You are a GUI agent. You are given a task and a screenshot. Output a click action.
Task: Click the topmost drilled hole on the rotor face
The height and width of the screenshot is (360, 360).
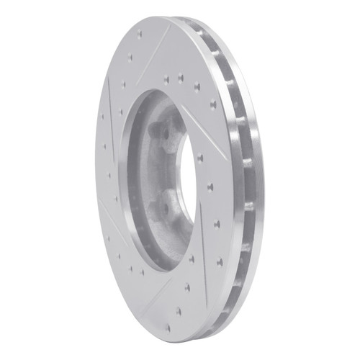click(x=140, y=32)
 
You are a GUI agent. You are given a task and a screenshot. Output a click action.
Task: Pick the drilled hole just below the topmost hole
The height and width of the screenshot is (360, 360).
click(x=131, y=57)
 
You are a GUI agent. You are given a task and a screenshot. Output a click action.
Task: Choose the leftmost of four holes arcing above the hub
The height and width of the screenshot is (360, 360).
click(x=166, y=79)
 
